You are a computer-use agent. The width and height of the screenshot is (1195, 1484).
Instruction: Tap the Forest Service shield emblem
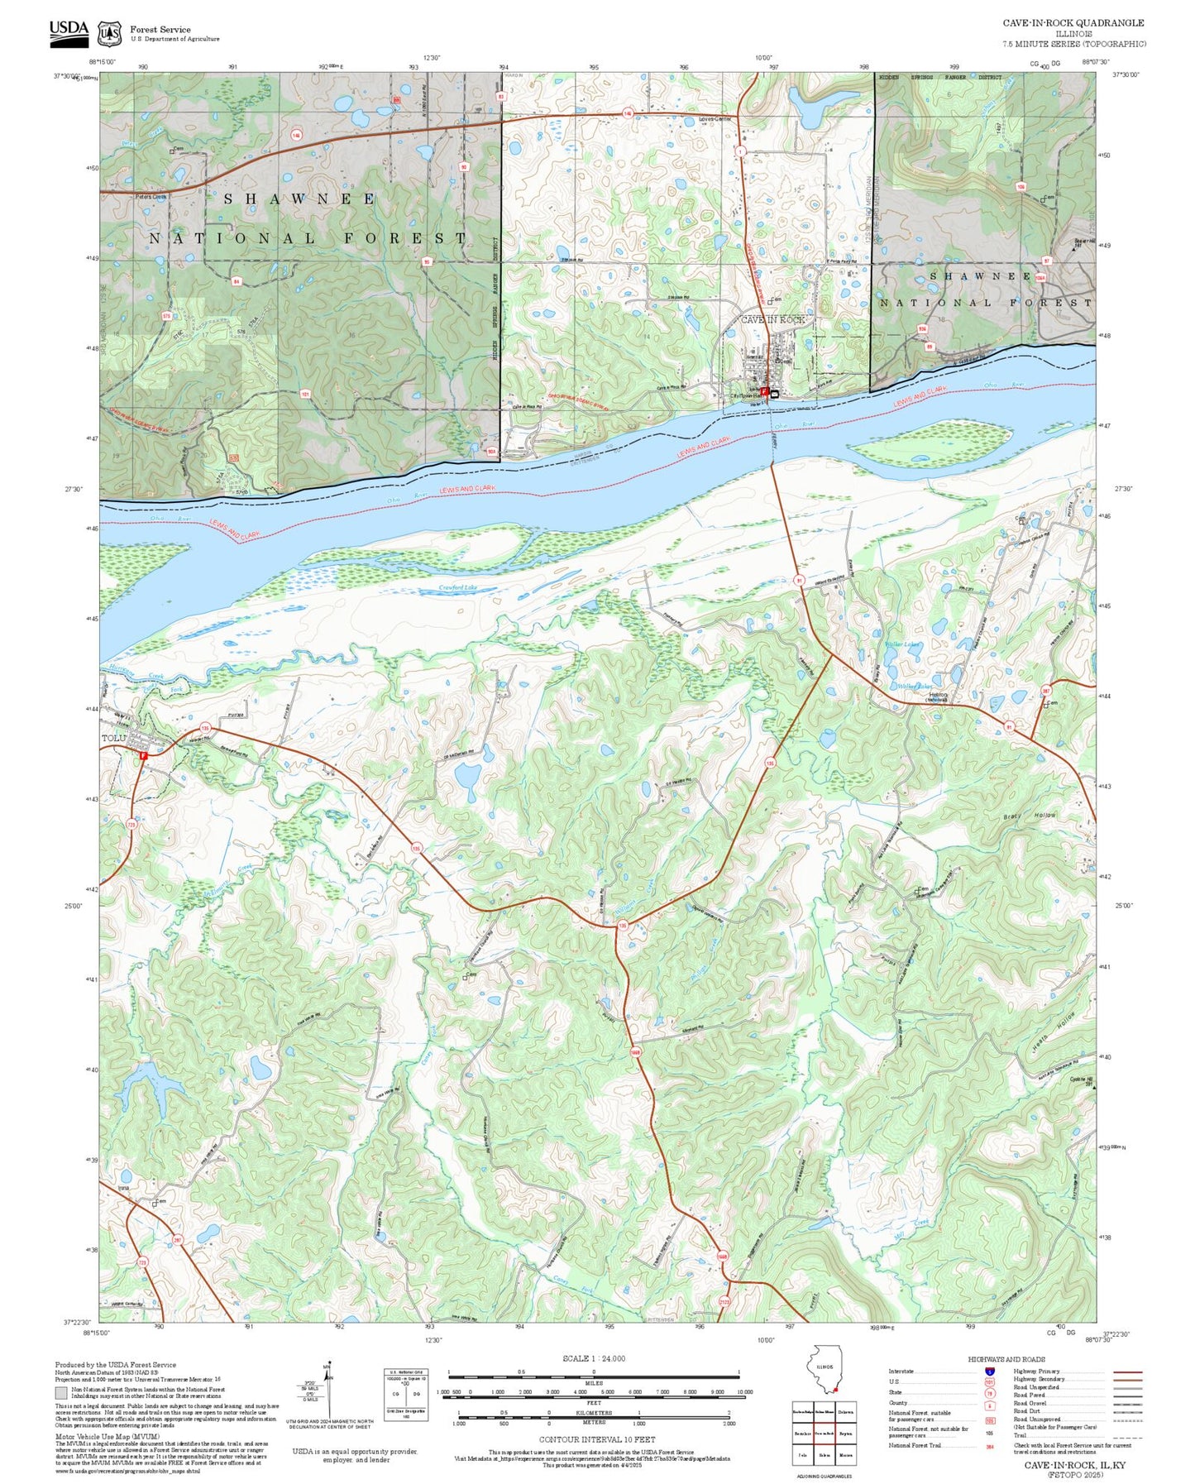108,33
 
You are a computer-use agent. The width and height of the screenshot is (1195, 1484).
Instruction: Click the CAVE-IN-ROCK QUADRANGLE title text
1073,23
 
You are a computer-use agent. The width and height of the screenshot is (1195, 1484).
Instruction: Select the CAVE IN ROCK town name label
772,319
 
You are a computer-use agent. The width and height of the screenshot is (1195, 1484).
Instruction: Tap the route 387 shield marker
1045,689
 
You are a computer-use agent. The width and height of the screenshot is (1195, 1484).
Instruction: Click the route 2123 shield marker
725,1301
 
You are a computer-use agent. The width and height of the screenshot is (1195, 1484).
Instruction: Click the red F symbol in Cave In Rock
764,390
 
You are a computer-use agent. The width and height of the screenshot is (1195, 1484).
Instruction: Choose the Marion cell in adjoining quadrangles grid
845,1454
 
